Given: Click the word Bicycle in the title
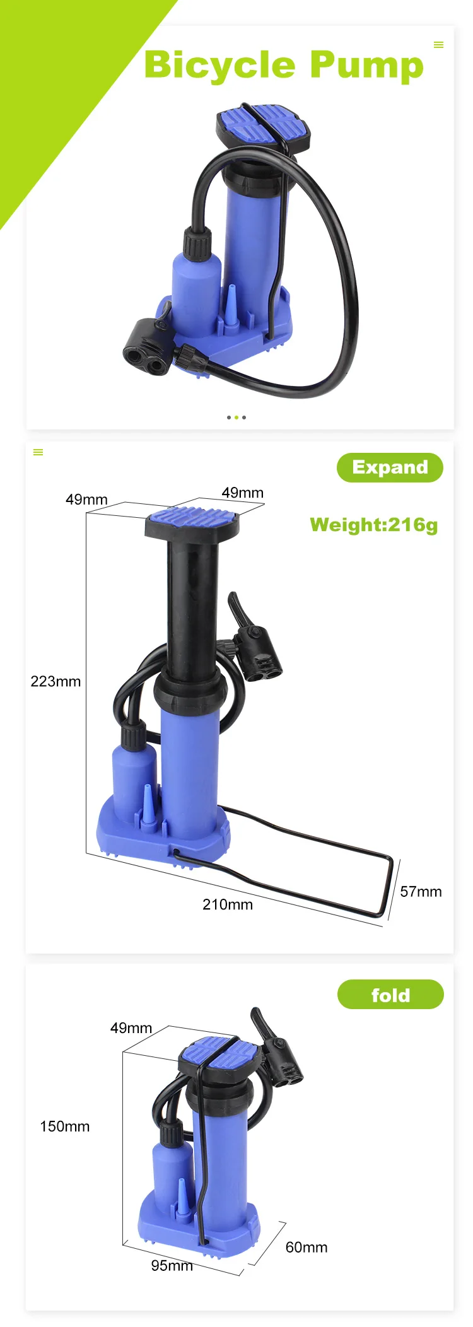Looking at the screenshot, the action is pyautogui.click(x=219, y=66).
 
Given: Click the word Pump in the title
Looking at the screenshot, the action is pyautogui.click(x=367, y=66).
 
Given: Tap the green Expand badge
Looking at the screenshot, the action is pyautogui.click(x=390, y=467).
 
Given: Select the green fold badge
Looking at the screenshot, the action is pyautogui.click(x=390, y=995).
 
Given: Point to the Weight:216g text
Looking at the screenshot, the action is pyautogui.click(x=374, y=525).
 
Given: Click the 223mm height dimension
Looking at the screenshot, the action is pyautogui.click(x=55, y=681).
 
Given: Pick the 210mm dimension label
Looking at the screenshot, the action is pyautogui.click(x=228, y=904).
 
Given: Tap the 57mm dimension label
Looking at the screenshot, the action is pyautogui.click(x=421, y=892).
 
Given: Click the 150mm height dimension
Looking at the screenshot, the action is pyautogui.click(x=65, y=1126).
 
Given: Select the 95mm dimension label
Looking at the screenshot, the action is pyautogui.click(x=172, y=1266).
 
